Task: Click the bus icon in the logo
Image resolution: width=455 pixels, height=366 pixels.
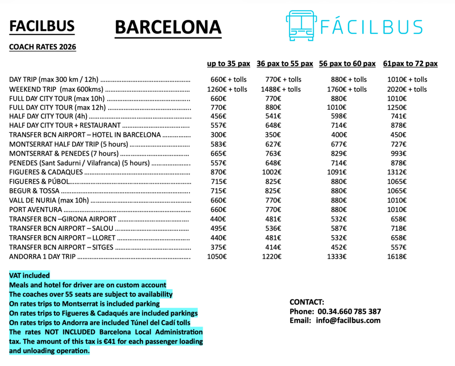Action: pyautogui.click(x=301, y=26)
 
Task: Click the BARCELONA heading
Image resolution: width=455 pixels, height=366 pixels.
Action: pyautogui.click(x=168, y=28)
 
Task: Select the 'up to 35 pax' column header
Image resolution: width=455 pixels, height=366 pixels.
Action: pyautogui.click(x=228, y=64)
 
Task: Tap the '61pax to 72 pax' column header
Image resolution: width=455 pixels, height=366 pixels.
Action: pyautogui.click(x=410, y=64)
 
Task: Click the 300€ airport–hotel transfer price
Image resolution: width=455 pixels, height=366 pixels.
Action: pyautogui.click(x=218, y=135)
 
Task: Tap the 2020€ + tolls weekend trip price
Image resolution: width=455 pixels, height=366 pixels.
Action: pyautogui.click(x=407, y=89)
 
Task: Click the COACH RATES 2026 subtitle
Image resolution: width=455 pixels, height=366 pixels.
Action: pyautogui.click(x=43, y=47)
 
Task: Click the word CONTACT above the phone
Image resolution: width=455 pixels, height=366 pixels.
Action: pyautogui.click(x=307, y=302)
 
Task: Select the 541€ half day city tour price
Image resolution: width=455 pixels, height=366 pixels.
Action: pyautogui.click(x=273, y=116)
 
